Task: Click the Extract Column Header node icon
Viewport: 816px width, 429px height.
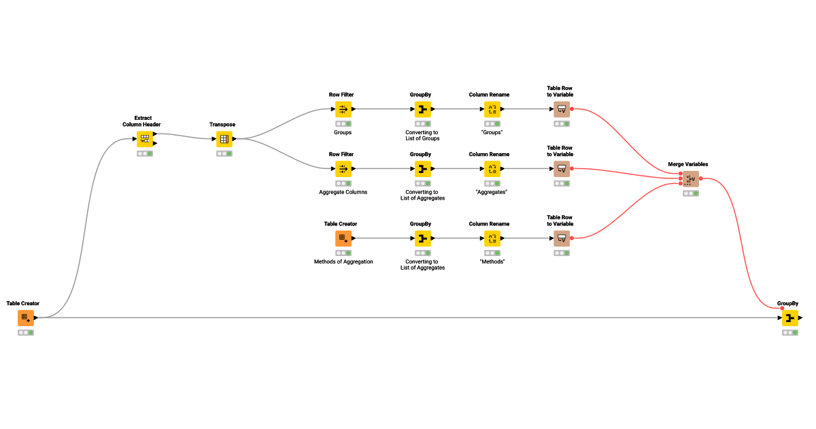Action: tap(145, 140)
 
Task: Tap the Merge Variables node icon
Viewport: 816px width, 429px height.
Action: tap(691, 179)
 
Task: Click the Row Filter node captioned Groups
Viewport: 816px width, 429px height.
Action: tap(343, 110)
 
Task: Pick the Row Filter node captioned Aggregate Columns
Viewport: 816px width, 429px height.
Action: tap(343, 169)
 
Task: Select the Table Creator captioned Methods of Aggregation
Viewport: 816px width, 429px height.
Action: tap(343, 238)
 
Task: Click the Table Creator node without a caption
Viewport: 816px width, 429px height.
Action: tap(26, 318)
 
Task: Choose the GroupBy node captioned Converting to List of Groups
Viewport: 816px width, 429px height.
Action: tap(423, 110)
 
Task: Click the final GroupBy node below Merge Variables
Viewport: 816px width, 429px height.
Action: tap(790, 318)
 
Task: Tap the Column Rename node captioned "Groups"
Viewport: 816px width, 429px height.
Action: tap(492, 110)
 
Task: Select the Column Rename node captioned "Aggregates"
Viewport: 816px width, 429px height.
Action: tap(492, 169)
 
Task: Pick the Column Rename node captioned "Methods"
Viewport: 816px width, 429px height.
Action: tap(492, 238)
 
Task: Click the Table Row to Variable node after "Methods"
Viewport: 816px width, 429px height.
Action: tap(562, 238)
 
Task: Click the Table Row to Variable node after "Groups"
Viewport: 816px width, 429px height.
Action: tap(562, 110)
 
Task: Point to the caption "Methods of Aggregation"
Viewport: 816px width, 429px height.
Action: tap(343, 261)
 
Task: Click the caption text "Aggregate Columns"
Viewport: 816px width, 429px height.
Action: tap(343, 192)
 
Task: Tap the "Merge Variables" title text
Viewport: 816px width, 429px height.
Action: tap(688, 164)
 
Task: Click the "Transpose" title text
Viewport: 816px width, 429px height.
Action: tap(222, 125)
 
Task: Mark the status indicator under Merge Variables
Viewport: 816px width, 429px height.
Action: tap(691, 193)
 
